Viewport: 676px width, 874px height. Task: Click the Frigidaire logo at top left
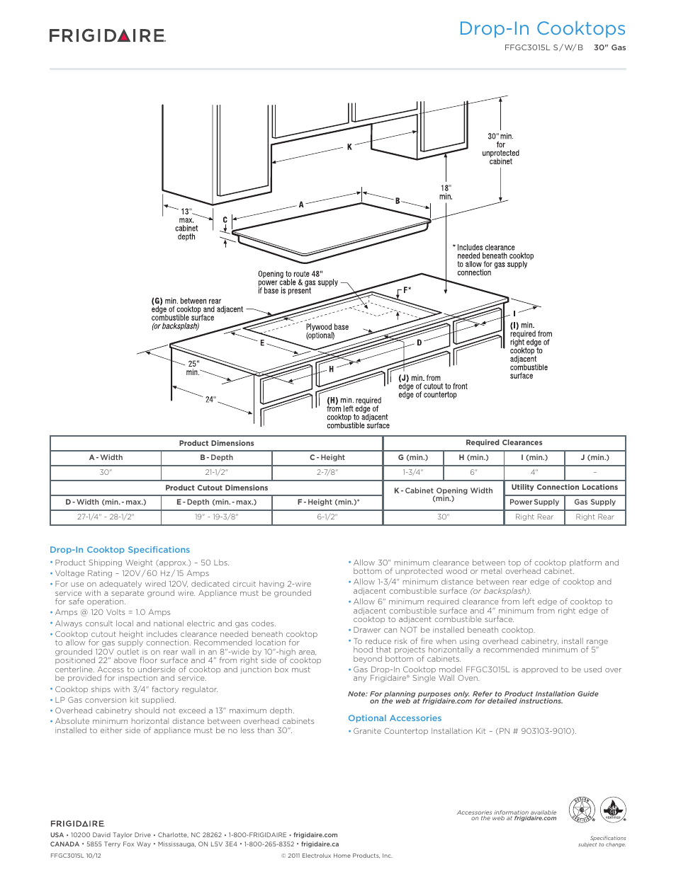[107, 35]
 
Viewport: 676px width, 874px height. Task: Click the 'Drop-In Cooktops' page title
[541, 28]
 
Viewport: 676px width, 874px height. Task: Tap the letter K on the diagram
[349, 147]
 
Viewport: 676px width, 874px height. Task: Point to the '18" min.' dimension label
[446, 192]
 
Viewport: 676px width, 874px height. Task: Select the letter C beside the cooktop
[225, 220]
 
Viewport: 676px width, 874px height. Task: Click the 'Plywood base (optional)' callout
[327, 331]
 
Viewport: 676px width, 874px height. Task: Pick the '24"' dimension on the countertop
[210, 400]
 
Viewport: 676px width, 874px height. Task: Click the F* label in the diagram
[407, 290]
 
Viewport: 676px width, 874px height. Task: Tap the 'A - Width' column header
[106, 458]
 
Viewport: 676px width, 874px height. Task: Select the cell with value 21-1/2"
[216, 472]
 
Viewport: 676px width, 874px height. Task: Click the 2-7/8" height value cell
[327, 472]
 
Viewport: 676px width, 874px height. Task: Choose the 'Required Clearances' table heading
[504, 443]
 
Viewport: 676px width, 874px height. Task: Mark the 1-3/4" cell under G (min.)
[413, 472]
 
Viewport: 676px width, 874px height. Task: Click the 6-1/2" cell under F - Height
[327, 517]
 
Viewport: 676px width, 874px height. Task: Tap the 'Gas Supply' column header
[595, 502]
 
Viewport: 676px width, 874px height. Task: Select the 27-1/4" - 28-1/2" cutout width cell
[106, 517]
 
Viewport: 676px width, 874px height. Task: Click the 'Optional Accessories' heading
[395, 718]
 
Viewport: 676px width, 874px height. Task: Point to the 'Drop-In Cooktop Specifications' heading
[120, 550]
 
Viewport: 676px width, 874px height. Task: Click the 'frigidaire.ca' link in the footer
[320, 844]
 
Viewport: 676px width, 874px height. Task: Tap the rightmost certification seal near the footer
[613, 810]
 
